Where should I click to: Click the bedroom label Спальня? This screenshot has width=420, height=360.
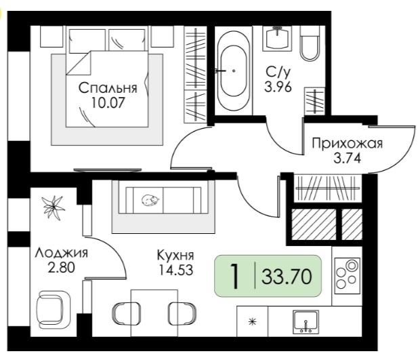(108, 88)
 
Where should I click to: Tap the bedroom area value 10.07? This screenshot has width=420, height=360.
(108, 102)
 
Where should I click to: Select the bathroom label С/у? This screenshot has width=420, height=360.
(278, 72)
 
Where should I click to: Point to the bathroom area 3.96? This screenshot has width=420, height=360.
(278, 87)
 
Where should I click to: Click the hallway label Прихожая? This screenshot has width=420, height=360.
(348, 144)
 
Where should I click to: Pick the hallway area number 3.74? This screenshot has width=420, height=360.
(348, 158)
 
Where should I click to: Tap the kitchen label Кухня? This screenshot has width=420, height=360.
(175, 255)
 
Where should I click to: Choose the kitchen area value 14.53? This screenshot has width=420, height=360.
(175, 270)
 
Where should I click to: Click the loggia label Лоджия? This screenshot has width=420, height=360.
(62, 253)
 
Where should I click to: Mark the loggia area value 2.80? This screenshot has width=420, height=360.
(62, 267)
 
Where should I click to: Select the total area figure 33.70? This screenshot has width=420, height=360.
(287, 277)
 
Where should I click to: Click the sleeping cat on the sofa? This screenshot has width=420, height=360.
(150, 200)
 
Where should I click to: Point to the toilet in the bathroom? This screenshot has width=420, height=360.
(310, 43)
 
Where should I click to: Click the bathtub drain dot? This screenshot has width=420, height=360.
(234, 71)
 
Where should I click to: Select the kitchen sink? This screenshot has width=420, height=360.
(306, 321)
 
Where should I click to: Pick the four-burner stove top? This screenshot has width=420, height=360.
(348, 276)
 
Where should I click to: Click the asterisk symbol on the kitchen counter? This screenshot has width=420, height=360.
(252, 321)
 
